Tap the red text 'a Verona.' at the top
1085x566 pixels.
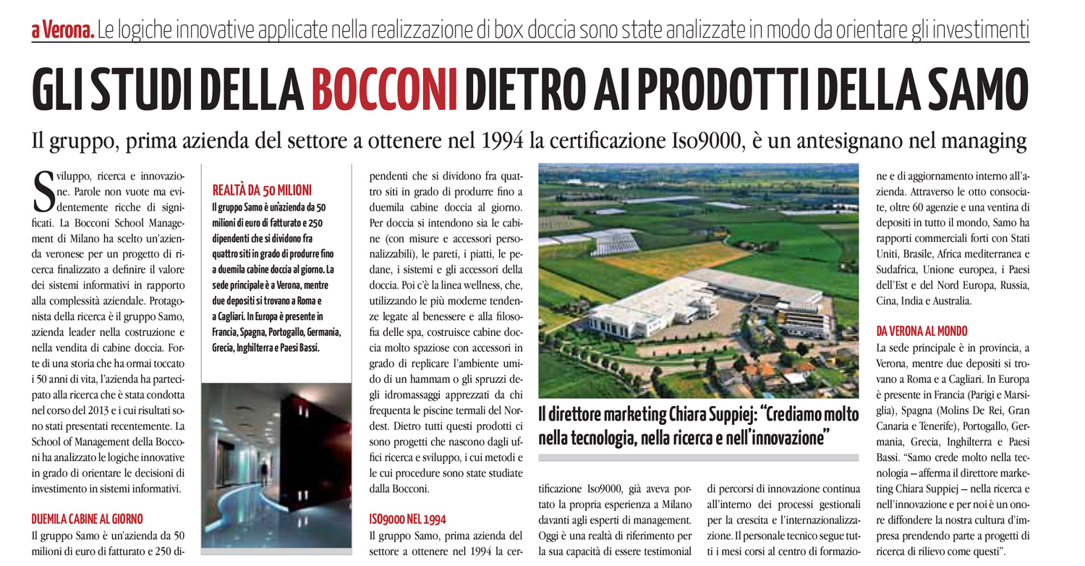click(x=62, y=31)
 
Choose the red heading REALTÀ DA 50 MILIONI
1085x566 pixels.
click(x=262, y=190)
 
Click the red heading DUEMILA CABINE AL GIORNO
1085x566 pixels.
click(x=88, y=518)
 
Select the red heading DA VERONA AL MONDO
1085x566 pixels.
click(x=922, y=331)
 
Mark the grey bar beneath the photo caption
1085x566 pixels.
click(x=698, y=457)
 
